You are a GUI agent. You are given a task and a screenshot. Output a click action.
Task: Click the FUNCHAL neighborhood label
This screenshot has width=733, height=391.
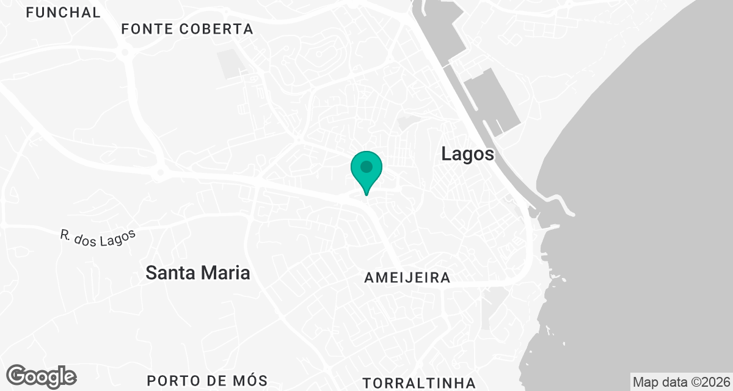[x=63, y=12]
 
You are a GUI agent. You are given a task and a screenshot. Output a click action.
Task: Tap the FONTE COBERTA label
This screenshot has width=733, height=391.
[x=187, y=29]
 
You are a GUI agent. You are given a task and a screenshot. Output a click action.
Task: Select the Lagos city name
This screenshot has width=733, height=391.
[x=468, y=154]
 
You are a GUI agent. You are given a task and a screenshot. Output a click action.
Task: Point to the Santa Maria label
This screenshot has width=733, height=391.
[x=198, y=272]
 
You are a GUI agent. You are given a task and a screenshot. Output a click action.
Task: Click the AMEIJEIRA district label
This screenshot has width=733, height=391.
[x=407, y=278]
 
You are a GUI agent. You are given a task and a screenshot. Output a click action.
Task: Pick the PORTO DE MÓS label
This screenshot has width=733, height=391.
[x=208, y=381]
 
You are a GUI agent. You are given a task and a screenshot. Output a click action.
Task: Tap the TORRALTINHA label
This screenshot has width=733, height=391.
[x=419, y=383]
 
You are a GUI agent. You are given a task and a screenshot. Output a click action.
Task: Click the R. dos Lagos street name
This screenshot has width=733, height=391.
[x=97, y=235]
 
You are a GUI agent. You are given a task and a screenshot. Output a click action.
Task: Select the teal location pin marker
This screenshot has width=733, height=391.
[x=366, y=172]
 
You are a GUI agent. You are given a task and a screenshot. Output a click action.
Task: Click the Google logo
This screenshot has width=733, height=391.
[x=42, y=376]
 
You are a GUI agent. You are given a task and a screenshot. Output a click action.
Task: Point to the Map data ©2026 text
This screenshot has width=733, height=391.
[x=680, y=382]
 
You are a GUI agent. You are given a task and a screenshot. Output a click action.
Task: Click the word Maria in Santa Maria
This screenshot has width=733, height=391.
[x=225, y=272]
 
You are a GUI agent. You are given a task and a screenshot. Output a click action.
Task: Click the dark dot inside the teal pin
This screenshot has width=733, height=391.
[x=366, y=166]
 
